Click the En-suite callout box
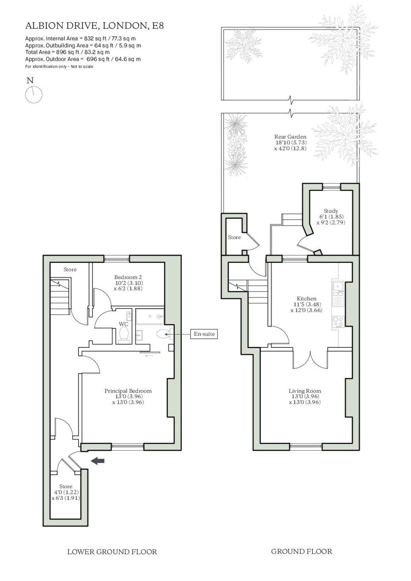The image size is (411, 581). (x=204, y=334)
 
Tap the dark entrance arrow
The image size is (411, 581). (x=98, y=461)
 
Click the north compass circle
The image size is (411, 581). (x=33, y=95)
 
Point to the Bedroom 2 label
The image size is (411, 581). (x=128, y=283)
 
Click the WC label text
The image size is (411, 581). (x=124, y=324)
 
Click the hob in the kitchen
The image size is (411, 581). (x=338, y=322)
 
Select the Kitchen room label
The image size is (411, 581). (x=306, y=304)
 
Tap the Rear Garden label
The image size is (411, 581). (x=290, y=142)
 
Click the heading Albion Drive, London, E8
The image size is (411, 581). (x=95, y=26)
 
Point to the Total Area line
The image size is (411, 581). (x=67, y=52)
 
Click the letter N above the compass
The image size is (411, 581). (x=30, y=81)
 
